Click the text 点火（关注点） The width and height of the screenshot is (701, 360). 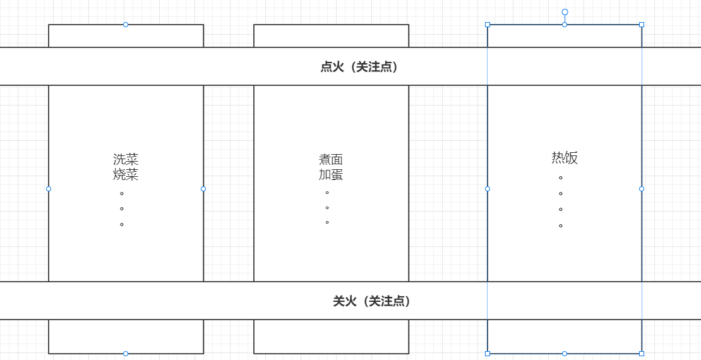pyautogui.click(x=360, y=67)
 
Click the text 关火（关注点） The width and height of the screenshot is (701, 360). pyautogui.click(x=373, y=301)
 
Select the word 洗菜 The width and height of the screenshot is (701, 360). pyautogui.click(x=126, y=159)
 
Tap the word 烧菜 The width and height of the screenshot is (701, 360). pyautogui.click(x=126, y=174)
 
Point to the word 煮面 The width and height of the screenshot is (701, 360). pyautogui.click(x=331, y=159)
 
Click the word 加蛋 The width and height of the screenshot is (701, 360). pyautogui.click(x=331, y=174)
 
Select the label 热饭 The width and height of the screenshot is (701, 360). pyautogui.click(x=565, y=158)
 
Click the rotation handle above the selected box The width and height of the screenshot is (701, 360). pyautogui.click(x=565, y=12)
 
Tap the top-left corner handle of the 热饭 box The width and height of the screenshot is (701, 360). pyautogui.click(x=488, y=25)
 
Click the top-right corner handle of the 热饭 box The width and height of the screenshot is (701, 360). pyautogui.click(x=642, y=25)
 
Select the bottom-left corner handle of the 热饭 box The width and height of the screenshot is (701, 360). pyautogui.click(x=488, y=354)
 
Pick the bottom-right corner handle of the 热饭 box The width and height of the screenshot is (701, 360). pyautogui.click(x=642, y=354)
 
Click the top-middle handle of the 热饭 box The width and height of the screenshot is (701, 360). pyautogui.click(x=565, y=25)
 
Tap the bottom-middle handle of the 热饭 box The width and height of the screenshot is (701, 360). pyautogui.click(x=565, y=354)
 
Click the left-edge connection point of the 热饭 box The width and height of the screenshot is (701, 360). pyautogui.click(x=488, y=189)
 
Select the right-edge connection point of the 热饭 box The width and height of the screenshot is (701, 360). pyautogui.click(x=642, y=189)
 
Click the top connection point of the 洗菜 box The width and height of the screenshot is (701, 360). pyautogui.click(x=126, y=25)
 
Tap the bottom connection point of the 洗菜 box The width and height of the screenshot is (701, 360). pyautogui.click(x=126, y=354)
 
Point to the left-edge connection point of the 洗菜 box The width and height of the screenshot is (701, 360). pyautogui.click(x=49, y=189)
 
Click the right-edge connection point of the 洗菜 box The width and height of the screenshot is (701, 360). pyautogui.click(x=203, y=189)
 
